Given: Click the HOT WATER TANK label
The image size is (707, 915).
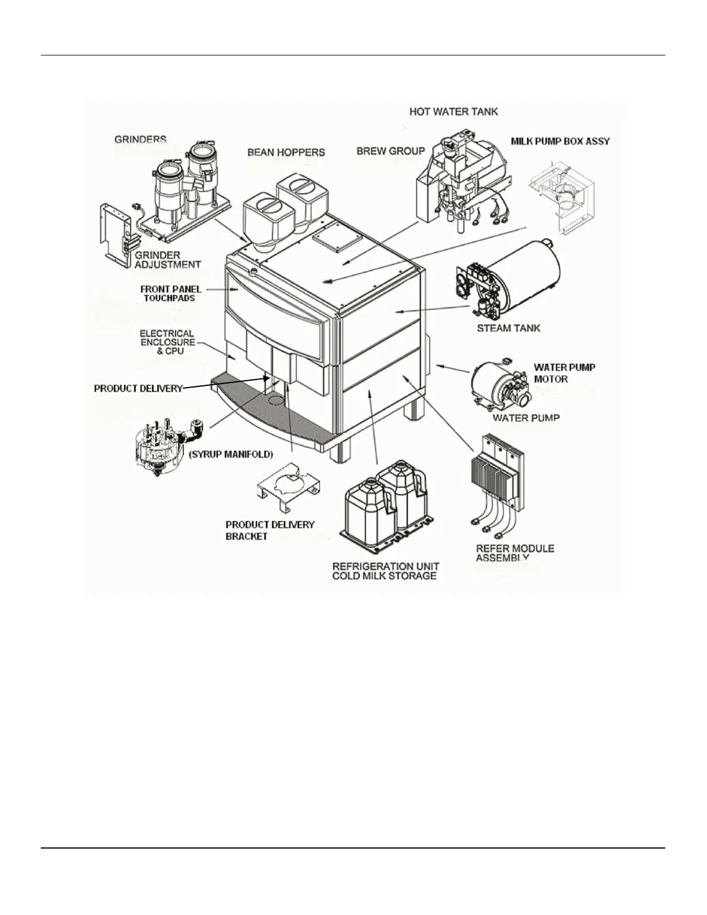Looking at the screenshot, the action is click(x=453, y=111).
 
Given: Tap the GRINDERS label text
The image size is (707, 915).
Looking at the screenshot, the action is click(x=140, y=140).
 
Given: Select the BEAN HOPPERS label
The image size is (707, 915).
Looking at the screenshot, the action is click(x=286, y=152).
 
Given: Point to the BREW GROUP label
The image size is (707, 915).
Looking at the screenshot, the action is click(x=390, y=151).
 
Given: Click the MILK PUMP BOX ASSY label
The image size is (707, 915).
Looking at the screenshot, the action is click(x=560, y=141).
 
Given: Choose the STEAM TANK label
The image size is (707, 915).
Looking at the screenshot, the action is click(x=508, y=328).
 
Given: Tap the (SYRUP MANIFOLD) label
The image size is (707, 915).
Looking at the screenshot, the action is click(x=231, y=455).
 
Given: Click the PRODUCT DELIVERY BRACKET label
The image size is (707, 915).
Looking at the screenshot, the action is click(x=269, y=530).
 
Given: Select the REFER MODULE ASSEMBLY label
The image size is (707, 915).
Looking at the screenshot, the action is click(x=514, y=553).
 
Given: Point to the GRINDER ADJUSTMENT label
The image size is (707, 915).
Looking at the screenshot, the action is click(x=167, y=260).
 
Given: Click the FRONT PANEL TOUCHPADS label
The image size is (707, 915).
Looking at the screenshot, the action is click(x=170, y=293).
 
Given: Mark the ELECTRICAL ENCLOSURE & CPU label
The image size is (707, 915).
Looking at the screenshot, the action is click(x=167, y=342).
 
